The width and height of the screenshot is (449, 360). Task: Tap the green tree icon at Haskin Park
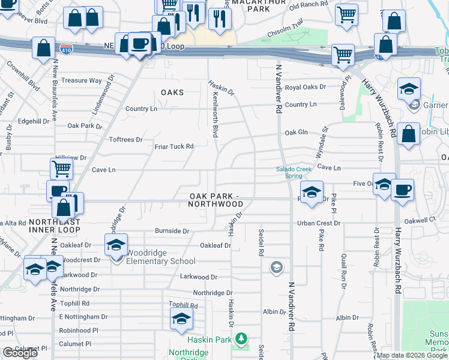[241, 339]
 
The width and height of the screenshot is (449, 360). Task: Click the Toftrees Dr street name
[125, 139]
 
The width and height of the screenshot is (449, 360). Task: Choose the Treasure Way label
[82, 80]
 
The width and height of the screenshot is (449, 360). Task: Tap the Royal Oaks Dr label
[305, 87]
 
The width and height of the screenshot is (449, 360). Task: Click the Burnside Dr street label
[172, 230]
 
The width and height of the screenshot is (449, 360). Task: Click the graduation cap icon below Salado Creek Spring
[312, 193]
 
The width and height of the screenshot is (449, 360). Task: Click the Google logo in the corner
[20, 353]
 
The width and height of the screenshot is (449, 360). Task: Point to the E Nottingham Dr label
[83, 317]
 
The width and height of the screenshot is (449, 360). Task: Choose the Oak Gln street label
[296, 133]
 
